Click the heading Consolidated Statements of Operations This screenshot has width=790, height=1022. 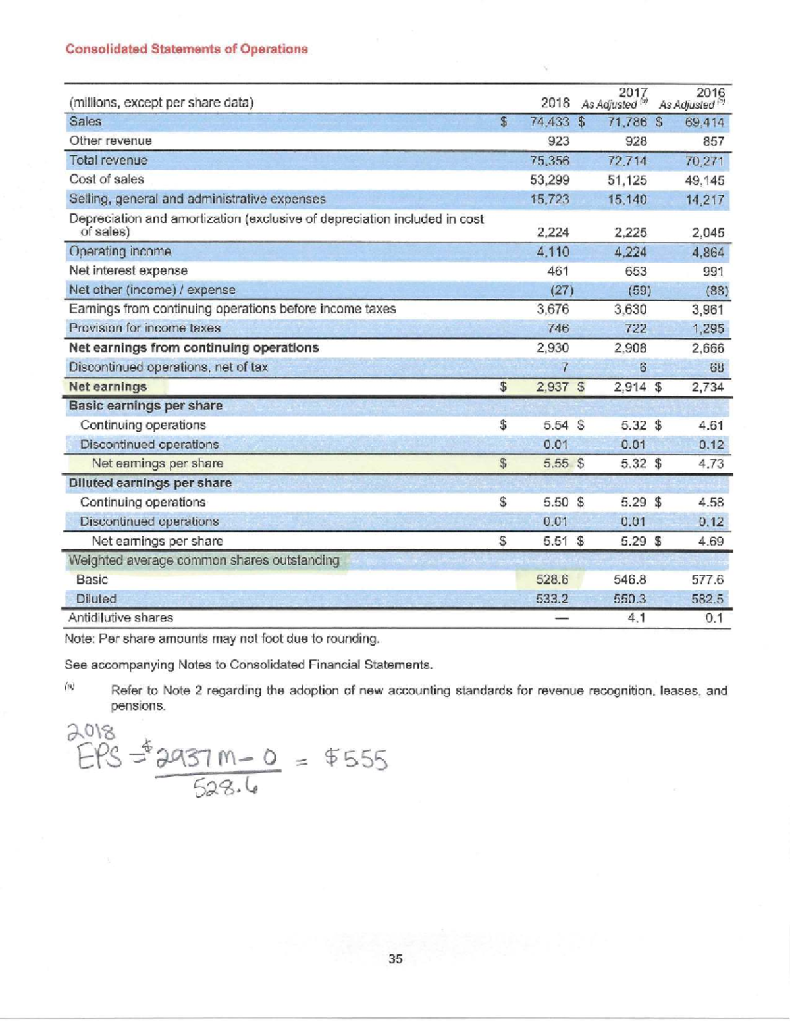186,49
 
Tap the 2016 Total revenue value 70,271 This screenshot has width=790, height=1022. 704,161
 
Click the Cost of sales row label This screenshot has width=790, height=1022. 107,179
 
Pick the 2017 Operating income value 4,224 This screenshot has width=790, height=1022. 630,251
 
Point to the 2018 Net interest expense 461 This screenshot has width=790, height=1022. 558,270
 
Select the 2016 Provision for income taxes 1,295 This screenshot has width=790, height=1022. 708,328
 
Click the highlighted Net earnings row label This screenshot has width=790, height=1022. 108,387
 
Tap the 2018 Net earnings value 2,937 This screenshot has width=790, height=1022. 552,387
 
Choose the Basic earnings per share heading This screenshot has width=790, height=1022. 145,406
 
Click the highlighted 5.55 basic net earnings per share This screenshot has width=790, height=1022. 556,463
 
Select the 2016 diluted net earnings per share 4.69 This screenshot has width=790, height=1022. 711,541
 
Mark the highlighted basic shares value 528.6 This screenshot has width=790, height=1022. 552,580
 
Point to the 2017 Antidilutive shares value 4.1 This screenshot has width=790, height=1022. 635,618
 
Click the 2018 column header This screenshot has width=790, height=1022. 555,103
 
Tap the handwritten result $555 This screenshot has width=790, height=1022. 355,760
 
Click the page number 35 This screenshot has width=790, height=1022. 395,959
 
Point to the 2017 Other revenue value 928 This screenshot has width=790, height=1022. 635,141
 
